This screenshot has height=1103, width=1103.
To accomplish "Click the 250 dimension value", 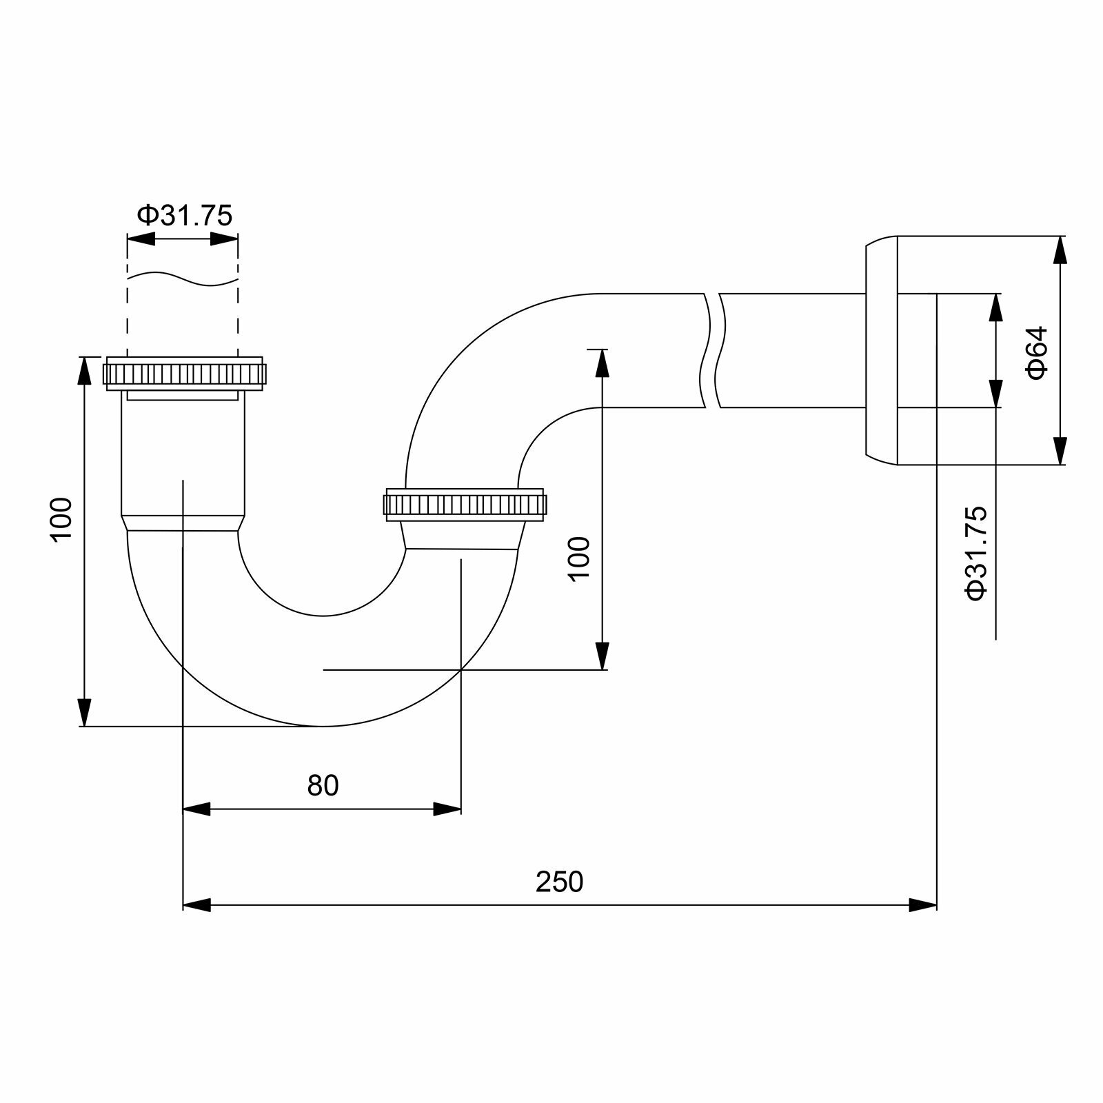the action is [x=559, y=882].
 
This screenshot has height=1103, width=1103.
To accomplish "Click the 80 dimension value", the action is [x=323, y=785].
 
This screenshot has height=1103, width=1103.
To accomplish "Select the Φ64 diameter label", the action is [x=1037, y=352].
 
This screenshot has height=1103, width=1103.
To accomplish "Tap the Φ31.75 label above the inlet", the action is [x=185, y=216].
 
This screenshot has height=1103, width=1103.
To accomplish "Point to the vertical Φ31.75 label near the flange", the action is [x=977, y=553].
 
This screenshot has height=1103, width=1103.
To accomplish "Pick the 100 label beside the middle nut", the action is [x=580, y=558].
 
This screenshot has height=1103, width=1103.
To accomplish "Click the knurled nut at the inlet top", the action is [x=184, y=374].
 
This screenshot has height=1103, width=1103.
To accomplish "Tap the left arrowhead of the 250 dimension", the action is [x=196, y=904].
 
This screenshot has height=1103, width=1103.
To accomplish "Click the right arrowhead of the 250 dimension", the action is [x=923, y=904].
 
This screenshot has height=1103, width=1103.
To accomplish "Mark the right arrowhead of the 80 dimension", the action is [x=447, y=809].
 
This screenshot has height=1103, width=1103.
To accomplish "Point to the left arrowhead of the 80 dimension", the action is [x=196, y=809].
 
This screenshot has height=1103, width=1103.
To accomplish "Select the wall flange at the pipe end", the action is [x=882, y=351].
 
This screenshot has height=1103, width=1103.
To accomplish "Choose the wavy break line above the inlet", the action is [x=183, y=278].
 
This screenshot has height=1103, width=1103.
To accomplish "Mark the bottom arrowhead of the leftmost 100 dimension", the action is [x=84, y=713].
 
